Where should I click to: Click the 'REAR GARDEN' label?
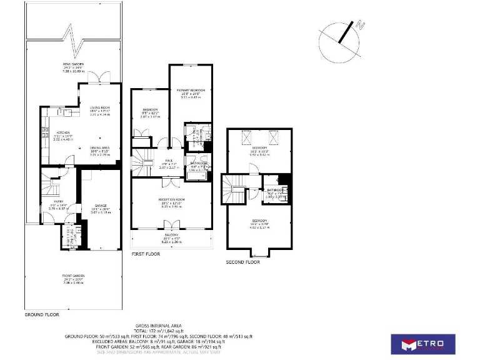[73, 64]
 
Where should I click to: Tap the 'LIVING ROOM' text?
[99, 107]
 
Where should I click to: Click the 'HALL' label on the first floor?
[169, 160]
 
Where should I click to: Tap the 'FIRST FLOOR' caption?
[146, 254]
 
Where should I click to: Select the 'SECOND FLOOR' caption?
[243, 262]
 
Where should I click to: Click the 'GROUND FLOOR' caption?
[42, 315]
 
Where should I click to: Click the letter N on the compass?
[360, 26]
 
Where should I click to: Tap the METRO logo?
[423, 344]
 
